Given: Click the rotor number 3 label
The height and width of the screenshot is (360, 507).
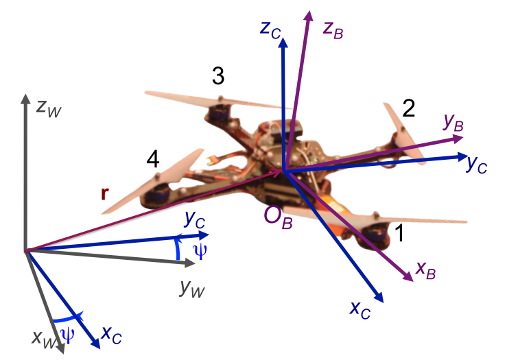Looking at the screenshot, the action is [218, 75].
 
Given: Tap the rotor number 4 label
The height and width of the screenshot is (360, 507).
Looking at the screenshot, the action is [153, 159].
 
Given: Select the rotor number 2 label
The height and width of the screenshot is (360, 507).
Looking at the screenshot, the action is [409, 108].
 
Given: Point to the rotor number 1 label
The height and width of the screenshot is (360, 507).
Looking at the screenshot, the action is [400, 232].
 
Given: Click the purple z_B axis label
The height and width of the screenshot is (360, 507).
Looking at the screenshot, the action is [333, 30].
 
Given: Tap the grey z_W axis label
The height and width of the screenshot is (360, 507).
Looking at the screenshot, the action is [49, 108].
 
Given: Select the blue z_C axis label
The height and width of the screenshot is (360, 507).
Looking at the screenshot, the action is [270, 30].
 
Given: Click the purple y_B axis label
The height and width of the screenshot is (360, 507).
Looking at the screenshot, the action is [453, 123].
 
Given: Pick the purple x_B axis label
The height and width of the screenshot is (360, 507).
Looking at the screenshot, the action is [426, 270].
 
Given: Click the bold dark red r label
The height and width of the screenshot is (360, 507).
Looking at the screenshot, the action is [104, 194].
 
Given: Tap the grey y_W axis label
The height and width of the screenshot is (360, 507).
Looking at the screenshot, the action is [192, 287].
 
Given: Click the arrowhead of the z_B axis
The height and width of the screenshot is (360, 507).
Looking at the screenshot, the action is [309, 16].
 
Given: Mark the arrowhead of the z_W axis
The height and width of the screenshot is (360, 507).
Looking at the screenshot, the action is [25, 99].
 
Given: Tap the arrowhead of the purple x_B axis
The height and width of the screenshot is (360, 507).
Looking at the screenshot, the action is [408, 276].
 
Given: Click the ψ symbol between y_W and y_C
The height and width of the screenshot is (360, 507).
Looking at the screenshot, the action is [200, 252].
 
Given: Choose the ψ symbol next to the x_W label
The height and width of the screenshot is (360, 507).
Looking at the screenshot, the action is [68, 335].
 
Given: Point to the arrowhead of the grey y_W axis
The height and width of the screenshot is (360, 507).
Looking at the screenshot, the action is [190, 264].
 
